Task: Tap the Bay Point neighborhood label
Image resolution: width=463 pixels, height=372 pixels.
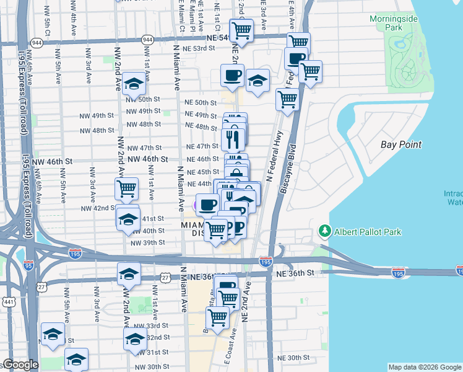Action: click(x=401, y=144)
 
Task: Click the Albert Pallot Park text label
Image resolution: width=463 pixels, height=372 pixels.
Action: click(x=368, y=232)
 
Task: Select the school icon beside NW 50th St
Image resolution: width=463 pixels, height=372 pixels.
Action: click(x=134, y=84)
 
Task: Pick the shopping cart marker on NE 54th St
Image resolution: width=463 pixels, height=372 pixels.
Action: click(x=241, y=29)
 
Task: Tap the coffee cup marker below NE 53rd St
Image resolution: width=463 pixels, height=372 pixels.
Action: click(x=233, y=76)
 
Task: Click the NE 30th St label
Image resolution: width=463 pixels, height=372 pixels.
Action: click(x=293, y=358)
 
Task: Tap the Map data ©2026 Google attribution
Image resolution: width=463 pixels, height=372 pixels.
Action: click(x=425, y=367)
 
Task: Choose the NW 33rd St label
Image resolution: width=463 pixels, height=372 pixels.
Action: click(x=152, y=325)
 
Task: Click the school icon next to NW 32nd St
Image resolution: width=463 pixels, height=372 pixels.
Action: click(x=134, y=339)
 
